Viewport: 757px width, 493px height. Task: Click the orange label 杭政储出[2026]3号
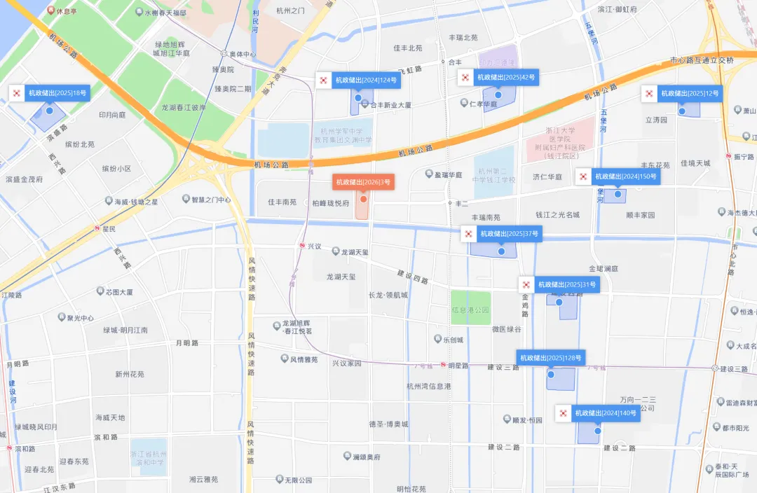(x=363, y=182)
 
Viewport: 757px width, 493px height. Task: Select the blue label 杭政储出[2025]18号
(x=57, y=92)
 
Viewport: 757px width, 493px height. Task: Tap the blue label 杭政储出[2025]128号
(x=550, y=358)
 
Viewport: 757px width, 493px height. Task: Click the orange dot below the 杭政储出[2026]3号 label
(x=363, y=200)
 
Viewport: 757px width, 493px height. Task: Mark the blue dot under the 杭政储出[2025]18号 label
(x=49, y=111)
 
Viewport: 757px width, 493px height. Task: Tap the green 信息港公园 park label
(x=470, y=310)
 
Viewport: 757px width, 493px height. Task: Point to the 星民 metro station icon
(x=97, y=228)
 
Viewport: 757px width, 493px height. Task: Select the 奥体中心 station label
(x=242, y=54)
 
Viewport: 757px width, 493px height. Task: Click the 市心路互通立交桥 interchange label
(x=702, y=60)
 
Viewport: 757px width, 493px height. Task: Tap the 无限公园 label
(x=298, y=480)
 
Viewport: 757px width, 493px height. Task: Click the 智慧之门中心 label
(x=211, y=200)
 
